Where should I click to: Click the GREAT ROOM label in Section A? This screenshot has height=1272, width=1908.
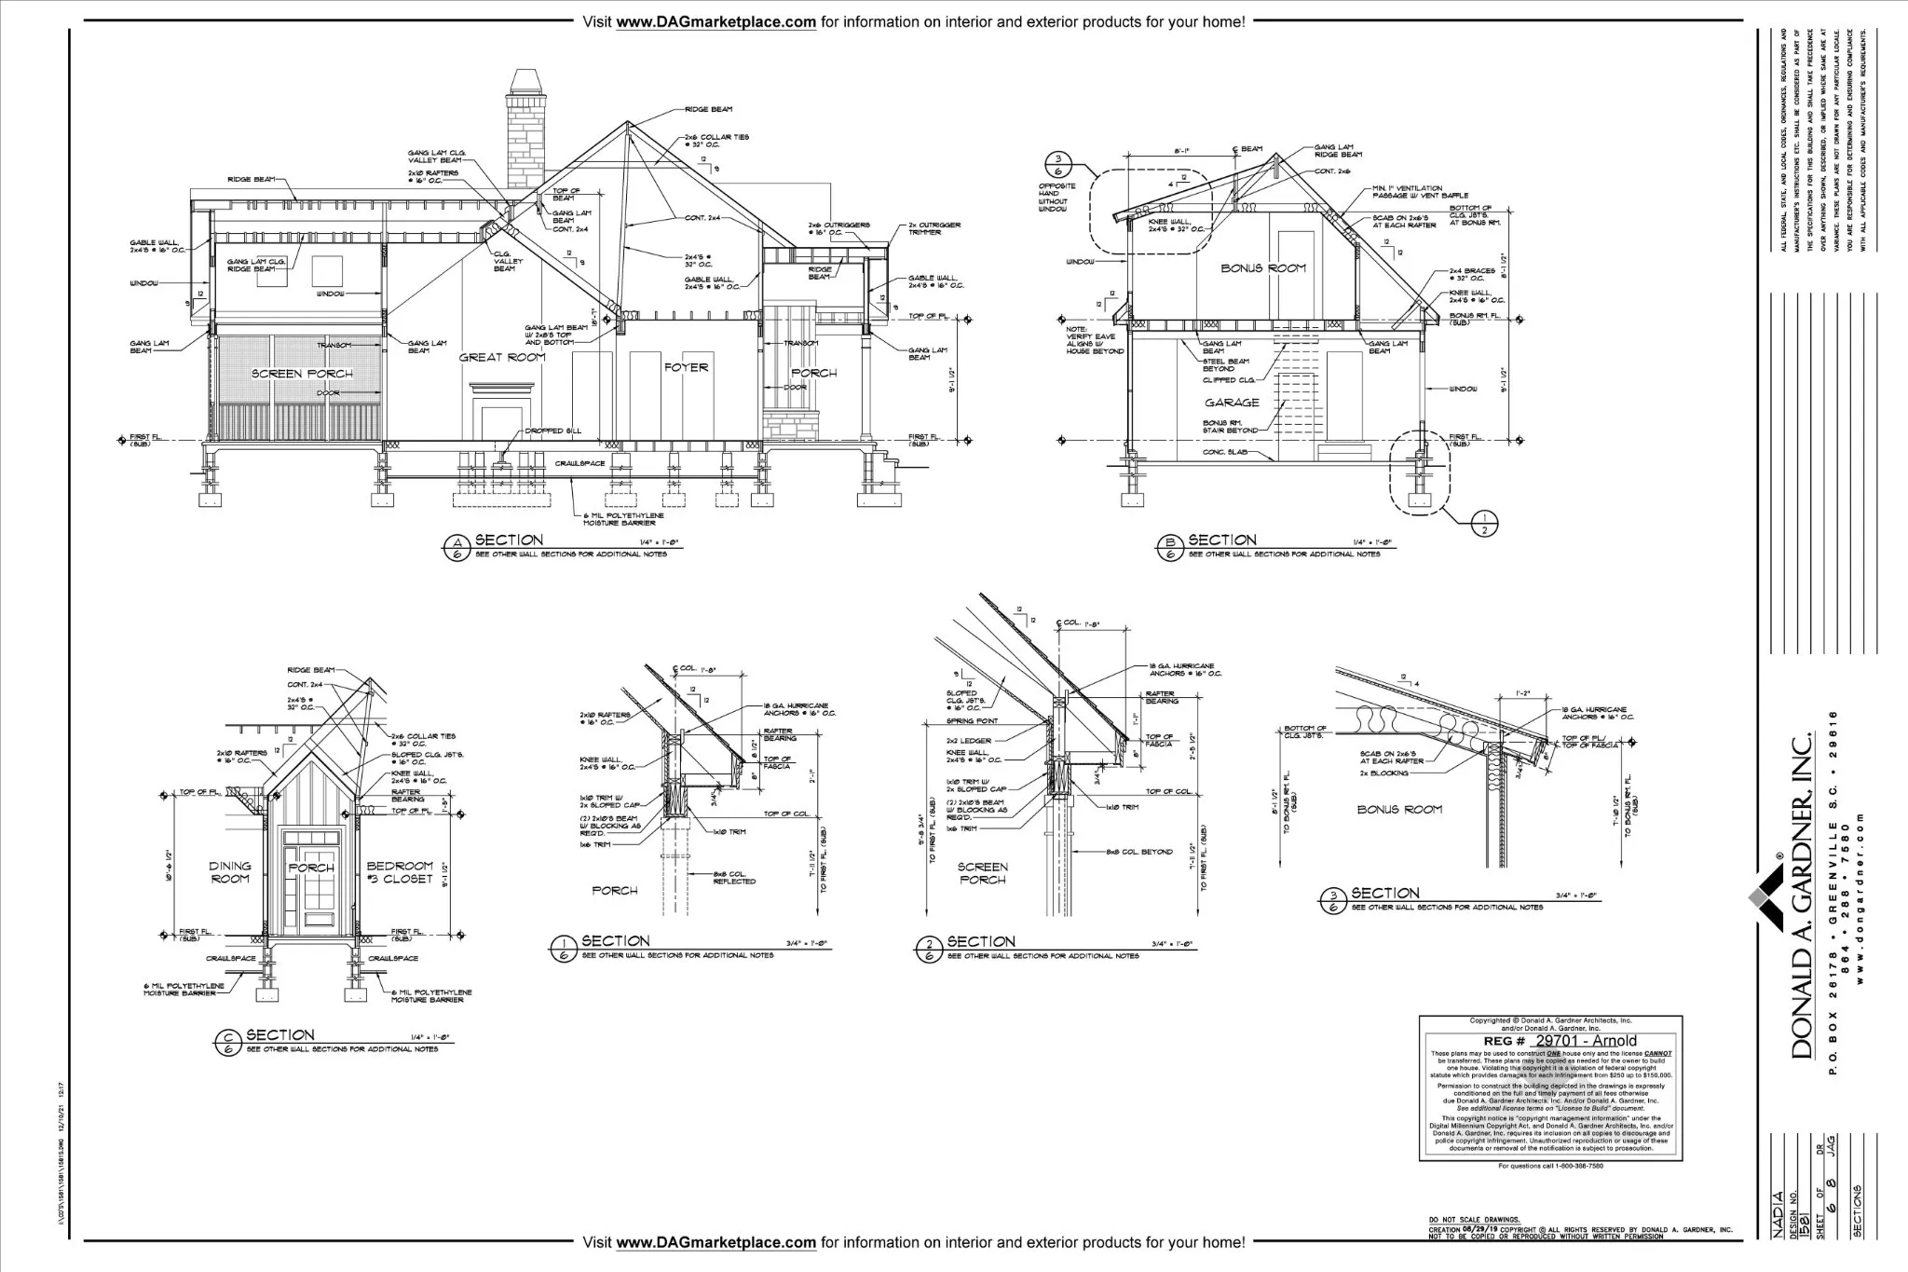[502, 357]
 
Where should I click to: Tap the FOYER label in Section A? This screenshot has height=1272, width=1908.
[687, 367]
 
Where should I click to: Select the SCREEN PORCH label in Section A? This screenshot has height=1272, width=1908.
[302, 374]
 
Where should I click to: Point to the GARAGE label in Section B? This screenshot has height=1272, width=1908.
[1232, 403]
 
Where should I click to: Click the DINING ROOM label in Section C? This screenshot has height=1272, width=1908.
[229, 872]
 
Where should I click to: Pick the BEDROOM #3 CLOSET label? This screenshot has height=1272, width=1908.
[400, 872]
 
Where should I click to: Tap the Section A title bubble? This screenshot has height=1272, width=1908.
[457, 546]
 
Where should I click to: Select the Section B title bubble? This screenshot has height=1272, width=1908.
[1170, 546]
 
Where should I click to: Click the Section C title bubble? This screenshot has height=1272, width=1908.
[226, 1041]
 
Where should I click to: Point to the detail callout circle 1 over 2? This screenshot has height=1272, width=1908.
[1484, 523]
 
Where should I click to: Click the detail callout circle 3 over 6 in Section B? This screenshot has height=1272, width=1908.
[1064, 165]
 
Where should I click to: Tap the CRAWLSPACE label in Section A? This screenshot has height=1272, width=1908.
[580, 463]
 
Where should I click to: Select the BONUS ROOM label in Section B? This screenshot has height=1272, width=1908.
[1263, 268]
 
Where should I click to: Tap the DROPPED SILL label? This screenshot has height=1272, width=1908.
[552, 431]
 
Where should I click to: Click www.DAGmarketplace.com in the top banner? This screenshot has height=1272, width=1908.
[715, 21]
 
